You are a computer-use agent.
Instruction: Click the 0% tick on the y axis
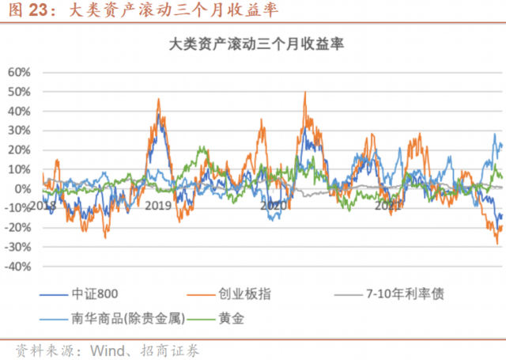tap(22, 188)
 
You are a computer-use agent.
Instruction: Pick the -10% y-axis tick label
tap(17, 208)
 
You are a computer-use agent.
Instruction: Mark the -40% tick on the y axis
tap(17, 267)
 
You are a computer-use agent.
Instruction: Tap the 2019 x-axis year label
tap(159, 206)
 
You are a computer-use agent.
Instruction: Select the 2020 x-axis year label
tap(274, 206)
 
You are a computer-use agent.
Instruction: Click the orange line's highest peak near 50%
tap(305, 93)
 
